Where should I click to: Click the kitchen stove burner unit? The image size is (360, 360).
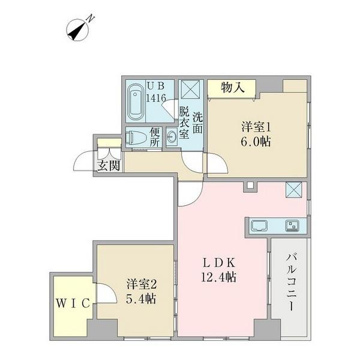295,226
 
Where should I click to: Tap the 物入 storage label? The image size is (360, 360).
233,88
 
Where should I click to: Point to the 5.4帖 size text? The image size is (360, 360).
141,298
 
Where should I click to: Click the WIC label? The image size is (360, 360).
74,303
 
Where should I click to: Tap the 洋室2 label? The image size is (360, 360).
142,283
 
